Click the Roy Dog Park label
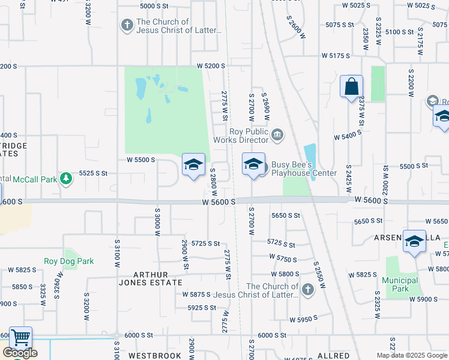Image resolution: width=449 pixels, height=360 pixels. point(69,262)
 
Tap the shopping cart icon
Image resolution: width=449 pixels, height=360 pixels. point(20,338)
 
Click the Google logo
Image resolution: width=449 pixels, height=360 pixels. point(20,353)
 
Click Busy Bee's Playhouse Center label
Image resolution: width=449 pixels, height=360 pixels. point(304,169)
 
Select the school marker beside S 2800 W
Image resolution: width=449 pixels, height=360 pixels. point(193,165)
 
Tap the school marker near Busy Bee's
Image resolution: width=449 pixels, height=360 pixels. point(253,164)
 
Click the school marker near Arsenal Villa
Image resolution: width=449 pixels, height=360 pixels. point(415,242)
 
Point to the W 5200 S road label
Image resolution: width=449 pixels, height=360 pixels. point(211,65)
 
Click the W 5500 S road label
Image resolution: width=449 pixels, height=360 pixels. point(141,160)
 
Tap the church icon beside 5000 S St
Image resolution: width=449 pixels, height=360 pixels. point(127,25)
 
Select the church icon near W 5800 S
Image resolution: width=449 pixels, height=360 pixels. point(307,290)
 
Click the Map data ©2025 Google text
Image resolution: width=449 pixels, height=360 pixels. point(412,355)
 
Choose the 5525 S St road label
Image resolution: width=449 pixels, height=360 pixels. point(93,173)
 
